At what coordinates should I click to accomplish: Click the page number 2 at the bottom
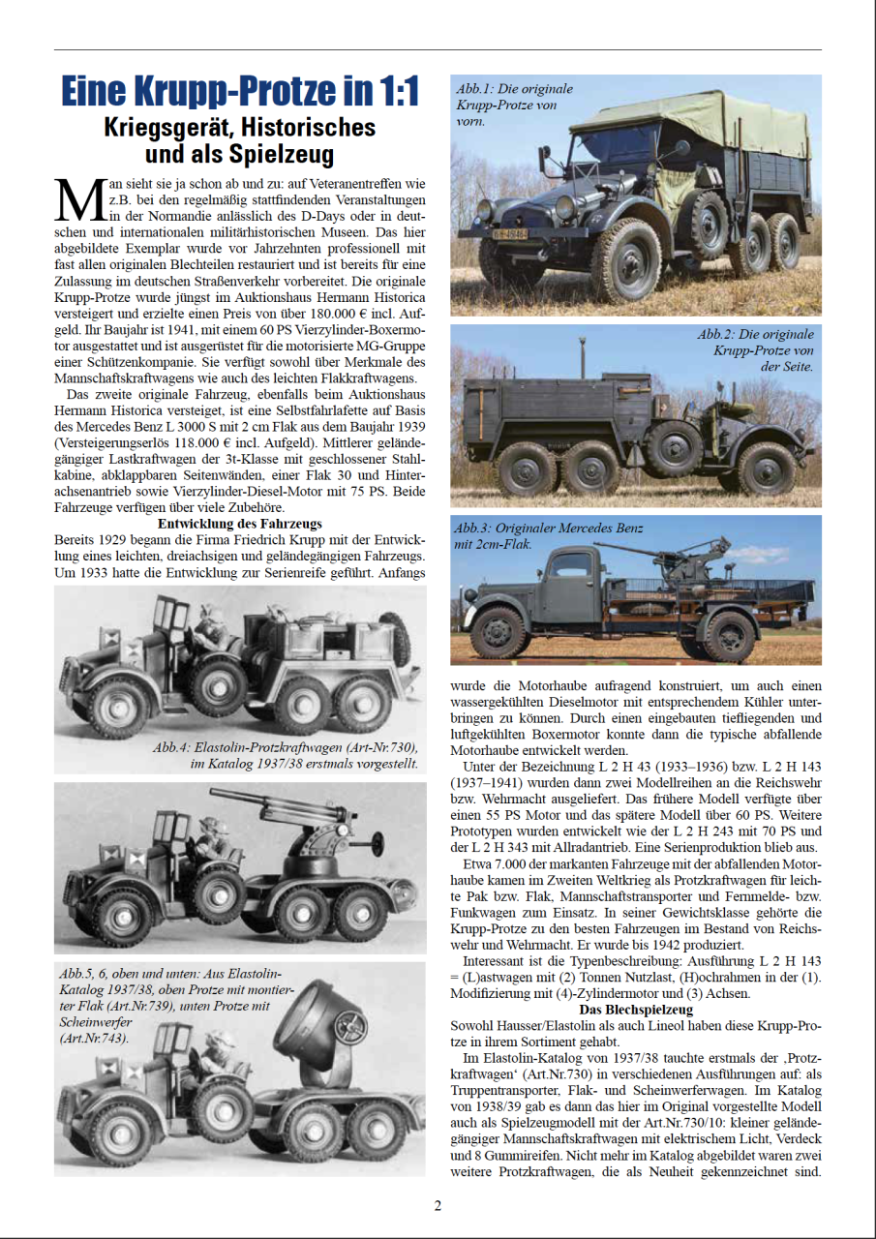[438, 1205]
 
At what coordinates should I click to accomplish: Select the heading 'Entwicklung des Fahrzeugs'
[240, 524]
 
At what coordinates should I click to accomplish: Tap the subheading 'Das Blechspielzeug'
[636, 1010]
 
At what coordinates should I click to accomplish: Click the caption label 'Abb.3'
[476, 529]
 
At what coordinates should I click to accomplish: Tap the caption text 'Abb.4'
[171, 748]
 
